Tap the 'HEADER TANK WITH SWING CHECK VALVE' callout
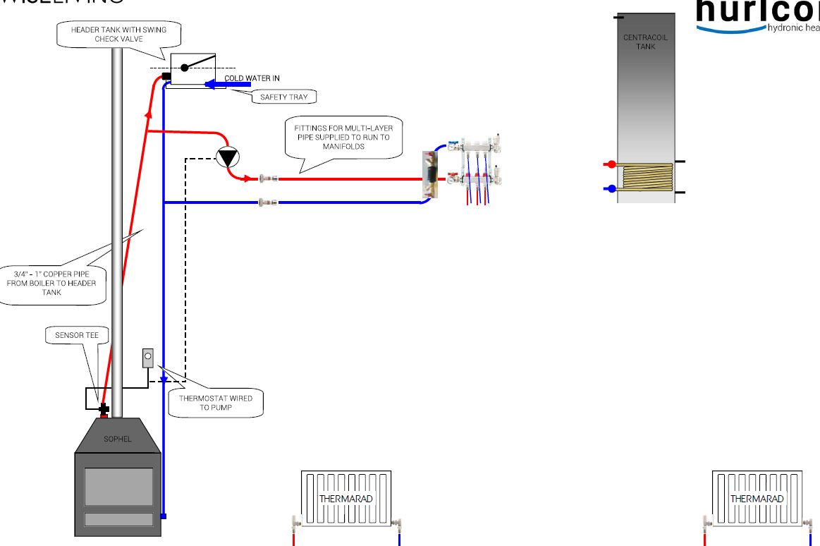tap(118, 35)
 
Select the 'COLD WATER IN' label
tap(252, 78)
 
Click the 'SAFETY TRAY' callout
tap(283, 97)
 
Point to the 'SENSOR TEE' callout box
tap(77, 335)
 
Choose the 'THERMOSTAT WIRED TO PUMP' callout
tap(216, 403)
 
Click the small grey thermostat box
tap(148, 358)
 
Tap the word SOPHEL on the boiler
tap(118, 439)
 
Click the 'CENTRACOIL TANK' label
tap(645, 42)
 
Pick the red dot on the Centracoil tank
tap(611, 165)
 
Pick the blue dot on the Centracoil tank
tap(611, 188)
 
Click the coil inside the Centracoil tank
tap(646, 176)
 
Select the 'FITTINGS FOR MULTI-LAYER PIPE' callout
tap(345, 138)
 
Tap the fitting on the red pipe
tap(268, 179)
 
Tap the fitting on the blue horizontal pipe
tap(268, 202)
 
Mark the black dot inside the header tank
tap(184, 68)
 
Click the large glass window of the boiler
tap(118, 487)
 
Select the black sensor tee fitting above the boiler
tap(104, 409)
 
